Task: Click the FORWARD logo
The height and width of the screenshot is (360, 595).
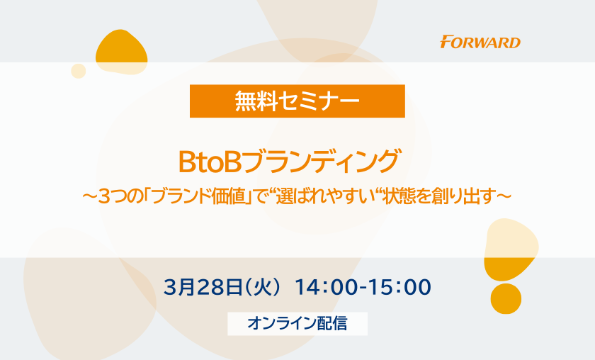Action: [480, 42]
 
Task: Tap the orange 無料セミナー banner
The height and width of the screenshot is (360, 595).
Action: [297, 101]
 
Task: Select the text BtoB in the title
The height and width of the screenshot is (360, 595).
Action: [210, 162]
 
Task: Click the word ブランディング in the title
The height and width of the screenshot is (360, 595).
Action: [321, 162]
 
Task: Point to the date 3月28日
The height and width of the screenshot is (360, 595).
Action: [203, 287]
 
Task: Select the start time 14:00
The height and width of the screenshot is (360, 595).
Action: [326, 287]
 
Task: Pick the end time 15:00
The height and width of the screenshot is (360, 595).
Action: [400, 287]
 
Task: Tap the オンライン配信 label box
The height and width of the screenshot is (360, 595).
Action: [297, 324]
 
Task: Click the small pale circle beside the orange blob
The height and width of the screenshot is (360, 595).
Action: [79, 71]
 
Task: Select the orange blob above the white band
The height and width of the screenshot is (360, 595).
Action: [120, 51]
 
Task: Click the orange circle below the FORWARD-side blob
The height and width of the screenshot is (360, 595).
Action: [506, 298]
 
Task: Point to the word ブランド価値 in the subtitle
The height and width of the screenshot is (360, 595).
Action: [200, 197]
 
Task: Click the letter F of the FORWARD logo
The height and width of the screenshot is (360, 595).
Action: [446, 41]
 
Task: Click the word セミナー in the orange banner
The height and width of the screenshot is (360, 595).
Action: [319, 101]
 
